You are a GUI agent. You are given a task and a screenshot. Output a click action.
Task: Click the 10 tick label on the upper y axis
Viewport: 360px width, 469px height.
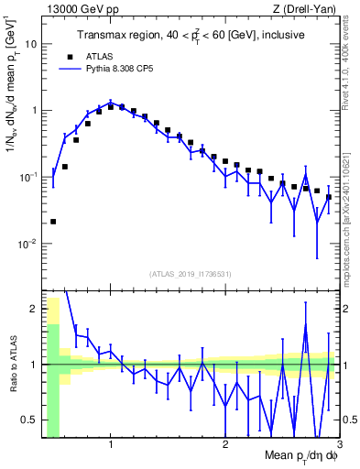tap(30, 44)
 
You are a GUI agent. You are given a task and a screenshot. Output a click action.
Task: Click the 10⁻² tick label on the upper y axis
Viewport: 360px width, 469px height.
tap(27, 244)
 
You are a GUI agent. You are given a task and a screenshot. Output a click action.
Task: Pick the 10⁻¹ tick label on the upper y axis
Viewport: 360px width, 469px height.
tap(27, 177)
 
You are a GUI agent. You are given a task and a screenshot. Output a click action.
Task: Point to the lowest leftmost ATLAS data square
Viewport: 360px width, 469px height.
tap(53, 222)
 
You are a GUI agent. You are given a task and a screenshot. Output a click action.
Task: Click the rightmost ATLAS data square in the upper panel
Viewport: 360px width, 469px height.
tap(328, 197)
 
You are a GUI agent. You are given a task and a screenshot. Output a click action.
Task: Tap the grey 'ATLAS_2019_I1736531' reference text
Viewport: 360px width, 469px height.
tap(191, 274)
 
